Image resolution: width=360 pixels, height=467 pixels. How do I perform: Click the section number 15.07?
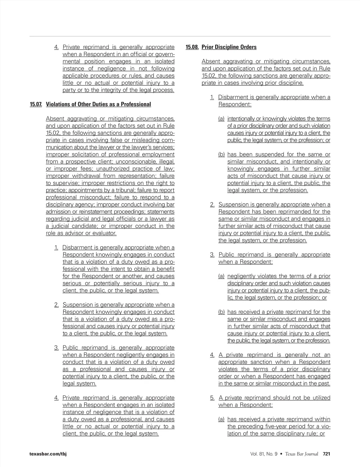[x=36, y=104]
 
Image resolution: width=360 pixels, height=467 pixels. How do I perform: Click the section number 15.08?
[x=192, y=47]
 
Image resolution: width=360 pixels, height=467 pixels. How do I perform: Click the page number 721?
[x=326, y=454]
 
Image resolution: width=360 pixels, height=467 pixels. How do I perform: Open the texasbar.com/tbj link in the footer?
[x=48, y=454]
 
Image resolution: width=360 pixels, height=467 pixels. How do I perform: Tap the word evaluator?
[x=104, y=233]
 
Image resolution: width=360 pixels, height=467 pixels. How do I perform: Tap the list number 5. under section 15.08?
[x=212, y=398]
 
